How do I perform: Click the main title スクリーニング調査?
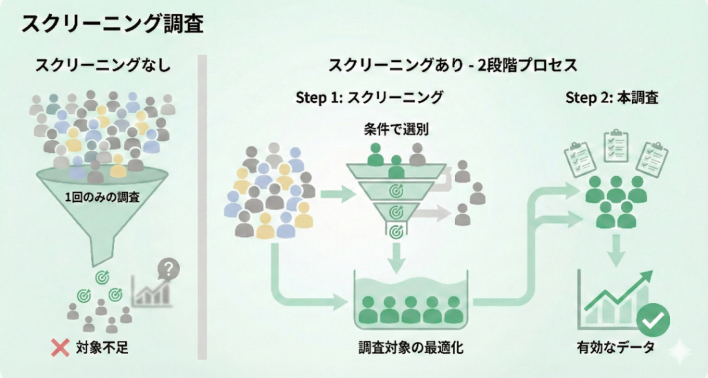[x=112, y=23]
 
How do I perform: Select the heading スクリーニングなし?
[x=104, y=66]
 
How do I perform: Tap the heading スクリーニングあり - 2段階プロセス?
[x=452, y=66]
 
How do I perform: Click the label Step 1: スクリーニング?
[x=369, y=97]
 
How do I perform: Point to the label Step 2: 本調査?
[x=611, y=97]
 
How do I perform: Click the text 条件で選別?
[x=395, y=129]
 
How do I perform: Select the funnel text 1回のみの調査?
[x=102, y=197]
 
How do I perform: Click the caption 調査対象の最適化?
[x=411, y=348]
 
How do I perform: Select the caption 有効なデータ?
[x=615, y=348]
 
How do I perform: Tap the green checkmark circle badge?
[x=653, y=320]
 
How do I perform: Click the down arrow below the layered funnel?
[x=396, y=258]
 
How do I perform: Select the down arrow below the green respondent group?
[x=615, y=249]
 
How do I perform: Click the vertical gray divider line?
[x=203, y=207]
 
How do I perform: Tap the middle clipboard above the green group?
[x=615, y=144]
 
